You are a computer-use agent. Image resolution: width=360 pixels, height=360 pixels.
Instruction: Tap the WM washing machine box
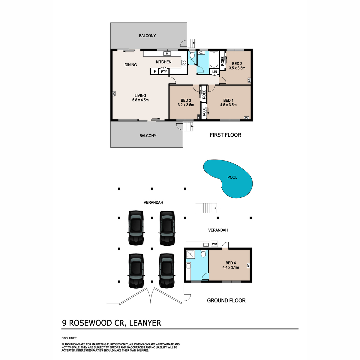point(214,244)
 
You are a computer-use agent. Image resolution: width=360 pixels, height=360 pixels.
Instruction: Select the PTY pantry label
point(164,72)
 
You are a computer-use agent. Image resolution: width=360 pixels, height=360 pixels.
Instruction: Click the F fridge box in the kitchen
point(155,72)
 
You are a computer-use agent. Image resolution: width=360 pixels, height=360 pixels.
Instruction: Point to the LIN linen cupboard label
point(214,72)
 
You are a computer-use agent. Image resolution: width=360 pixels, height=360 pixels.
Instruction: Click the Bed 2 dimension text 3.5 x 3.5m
point(237,68)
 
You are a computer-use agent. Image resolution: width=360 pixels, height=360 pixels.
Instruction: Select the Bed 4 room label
point(230,263)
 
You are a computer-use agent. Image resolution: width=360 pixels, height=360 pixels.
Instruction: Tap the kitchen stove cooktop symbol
point(184,62)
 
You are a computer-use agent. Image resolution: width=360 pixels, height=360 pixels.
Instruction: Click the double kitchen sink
point(167,54)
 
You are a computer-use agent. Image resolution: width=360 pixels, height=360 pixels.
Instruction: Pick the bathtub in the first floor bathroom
point(214,59)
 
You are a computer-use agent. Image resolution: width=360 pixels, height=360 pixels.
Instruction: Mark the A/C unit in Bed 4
point(248,265)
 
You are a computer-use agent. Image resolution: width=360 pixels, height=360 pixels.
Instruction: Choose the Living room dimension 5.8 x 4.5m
point(140,100)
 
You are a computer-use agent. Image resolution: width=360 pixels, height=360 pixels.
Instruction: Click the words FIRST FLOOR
point(225,135)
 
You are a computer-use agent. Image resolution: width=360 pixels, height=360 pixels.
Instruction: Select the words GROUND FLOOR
point(226,301)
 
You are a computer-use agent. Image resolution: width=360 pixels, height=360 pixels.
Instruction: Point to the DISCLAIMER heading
point(69,338)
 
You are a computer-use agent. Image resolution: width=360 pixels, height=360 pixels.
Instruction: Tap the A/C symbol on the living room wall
point(114,94)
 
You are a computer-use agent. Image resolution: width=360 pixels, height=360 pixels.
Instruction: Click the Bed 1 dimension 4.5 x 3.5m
point(228,105)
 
